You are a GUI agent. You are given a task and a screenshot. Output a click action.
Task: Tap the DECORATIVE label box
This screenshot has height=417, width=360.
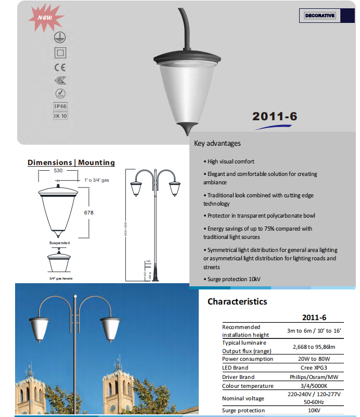[319, 16]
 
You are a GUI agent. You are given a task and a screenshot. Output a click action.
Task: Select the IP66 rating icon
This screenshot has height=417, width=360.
[60, 106]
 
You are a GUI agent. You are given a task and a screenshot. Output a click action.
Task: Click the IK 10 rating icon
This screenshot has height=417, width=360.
[60, 116]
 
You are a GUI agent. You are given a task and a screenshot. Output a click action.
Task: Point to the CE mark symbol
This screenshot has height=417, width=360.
[60, 67]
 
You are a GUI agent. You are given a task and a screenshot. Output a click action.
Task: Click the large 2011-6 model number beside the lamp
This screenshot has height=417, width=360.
[275, 116]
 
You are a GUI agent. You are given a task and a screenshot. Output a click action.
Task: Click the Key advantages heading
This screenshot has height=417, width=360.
[217, 143]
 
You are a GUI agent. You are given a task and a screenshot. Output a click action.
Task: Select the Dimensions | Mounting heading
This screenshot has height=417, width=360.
[71, 162]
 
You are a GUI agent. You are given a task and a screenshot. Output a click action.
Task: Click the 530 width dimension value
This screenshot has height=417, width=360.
[58, 171]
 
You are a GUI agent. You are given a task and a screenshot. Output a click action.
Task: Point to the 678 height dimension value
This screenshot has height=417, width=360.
[89, 212]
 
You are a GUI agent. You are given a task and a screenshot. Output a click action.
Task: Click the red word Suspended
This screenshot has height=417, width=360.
[59, 243]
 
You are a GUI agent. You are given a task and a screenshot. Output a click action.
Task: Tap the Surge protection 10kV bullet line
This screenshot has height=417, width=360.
[232, 279]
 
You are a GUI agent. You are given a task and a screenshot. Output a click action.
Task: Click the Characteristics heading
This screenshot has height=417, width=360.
[237, 301]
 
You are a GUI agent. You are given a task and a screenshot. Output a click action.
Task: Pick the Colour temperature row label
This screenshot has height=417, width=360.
[248, 386]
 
